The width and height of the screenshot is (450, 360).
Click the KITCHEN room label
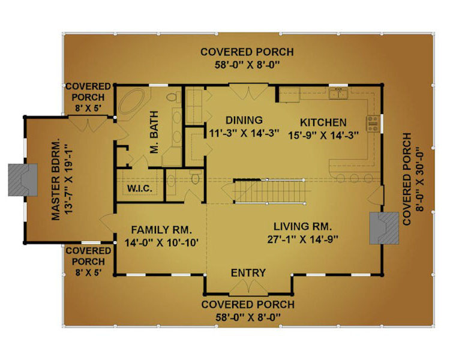pyautogui.click(x=323, y=122)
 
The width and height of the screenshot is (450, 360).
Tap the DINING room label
pyautogui.click(x=244, y=120)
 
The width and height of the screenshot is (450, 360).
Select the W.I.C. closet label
pyautogui.click(x=139, y=188)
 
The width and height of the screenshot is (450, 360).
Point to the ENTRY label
pyautogui.click(x=248, y=273)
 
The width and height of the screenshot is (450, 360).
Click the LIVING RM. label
pyautogui.click(x=303, y=227)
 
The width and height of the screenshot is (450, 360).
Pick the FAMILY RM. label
pyautogui.click(x=161, y=230)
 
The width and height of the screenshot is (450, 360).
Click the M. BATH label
pyautogui.click(x=154, y=133)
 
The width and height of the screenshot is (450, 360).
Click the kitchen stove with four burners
pyautogui.click(x=373, y=124)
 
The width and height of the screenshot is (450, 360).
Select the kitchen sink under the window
pyautogui.click(x=338, y=94)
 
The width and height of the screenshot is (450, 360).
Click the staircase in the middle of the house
pyautogui.click(x=269, y=191)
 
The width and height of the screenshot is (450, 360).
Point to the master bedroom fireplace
pyautogui.click(x=23, y=180)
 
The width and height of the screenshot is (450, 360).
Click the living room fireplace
pyautogui.click(x=384, y=228)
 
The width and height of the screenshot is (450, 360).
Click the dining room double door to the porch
pyautogui.click(x=248, y=91)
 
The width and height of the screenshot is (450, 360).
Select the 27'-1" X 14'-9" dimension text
pyautogui.click(x=303, y=239)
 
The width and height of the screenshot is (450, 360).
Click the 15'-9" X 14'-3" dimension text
pyautogui.click(x=323, y=135)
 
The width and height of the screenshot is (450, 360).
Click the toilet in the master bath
pyautogui.click(x=172, y=97)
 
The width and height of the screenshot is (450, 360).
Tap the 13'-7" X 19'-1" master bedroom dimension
pyautogui.click(x=69, y=182)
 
